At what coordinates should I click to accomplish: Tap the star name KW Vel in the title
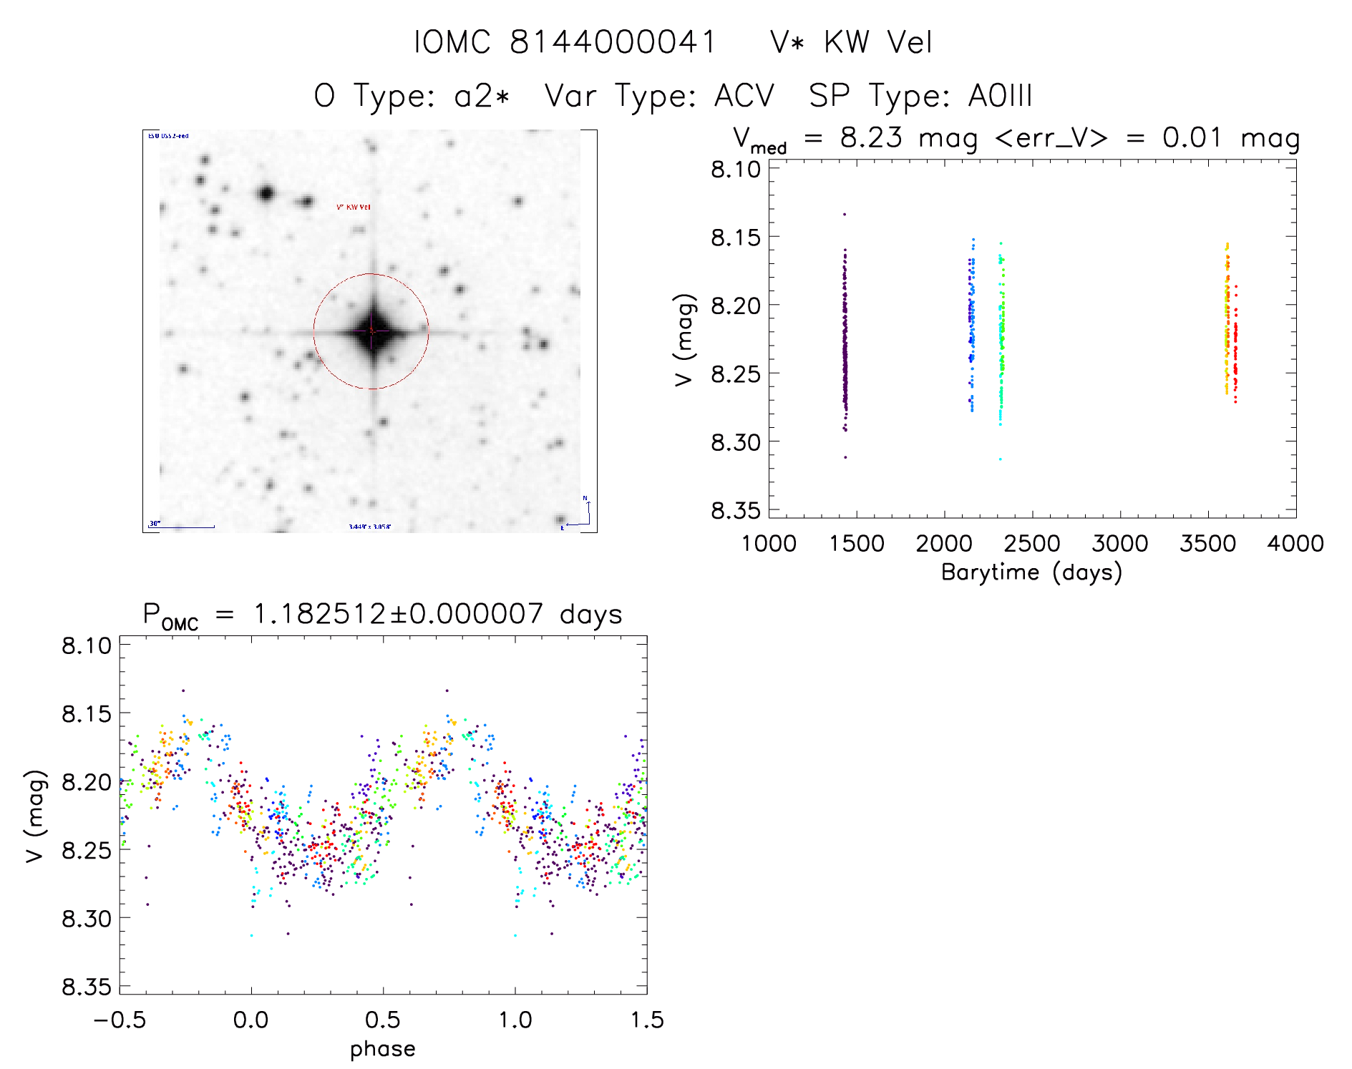coord(878,42)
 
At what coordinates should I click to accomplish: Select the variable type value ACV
coord(744,96)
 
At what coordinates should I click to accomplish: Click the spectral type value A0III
coord(1000,96)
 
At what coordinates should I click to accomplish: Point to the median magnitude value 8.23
coord(871,137)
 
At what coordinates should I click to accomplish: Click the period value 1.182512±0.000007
coord(399,614)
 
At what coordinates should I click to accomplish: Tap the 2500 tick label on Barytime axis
coord(1032,544)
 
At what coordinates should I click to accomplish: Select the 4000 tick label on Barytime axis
coord(1295,544)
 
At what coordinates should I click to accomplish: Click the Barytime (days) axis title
coord(1031,572)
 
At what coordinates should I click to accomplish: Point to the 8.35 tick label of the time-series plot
coord(736,511)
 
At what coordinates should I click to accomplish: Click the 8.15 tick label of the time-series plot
coord(736,237)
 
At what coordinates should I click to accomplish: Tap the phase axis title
coord(383,1049)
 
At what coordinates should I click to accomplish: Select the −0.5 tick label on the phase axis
coord(120,1020)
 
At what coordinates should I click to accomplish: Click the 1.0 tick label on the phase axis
coord(515,1020)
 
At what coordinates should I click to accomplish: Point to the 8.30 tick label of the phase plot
coord(87,918)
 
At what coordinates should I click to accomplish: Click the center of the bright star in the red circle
coord(371,331)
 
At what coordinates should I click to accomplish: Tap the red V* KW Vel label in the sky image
coord(354,208)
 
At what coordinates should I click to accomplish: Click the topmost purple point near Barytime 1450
coord(845,214)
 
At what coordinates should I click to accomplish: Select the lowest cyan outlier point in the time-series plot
coord(1000,459)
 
